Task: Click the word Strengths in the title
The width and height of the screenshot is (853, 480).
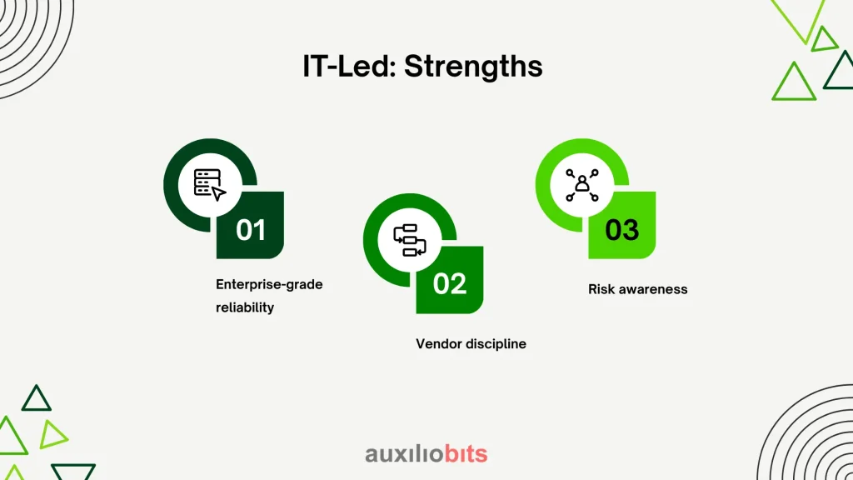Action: tap(473, 67)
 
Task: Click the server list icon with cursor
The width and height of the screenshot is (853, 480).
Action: tap(209, 184)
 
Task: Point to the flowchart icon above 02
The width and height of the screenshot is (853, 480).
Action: tap(410, 240)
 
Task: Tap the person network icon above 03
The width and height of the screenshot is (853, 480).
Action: tap(582, 185)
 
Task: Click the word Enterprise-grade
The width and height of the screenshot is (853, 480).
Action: tap(269, 285)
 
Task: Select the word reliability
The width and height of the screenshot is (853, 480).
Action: tap(245, 307)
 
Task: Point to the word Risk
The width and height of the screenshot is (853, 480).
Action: tap(601, 289)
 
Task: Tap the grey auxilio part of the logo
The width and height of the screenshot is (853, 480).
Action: tap(404, 454)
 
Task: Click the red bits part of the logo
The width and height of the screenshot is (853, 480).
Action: tap(466, 453)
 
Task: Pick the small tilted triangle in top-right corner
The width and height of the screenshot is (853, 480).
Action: tap(823, 40)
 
